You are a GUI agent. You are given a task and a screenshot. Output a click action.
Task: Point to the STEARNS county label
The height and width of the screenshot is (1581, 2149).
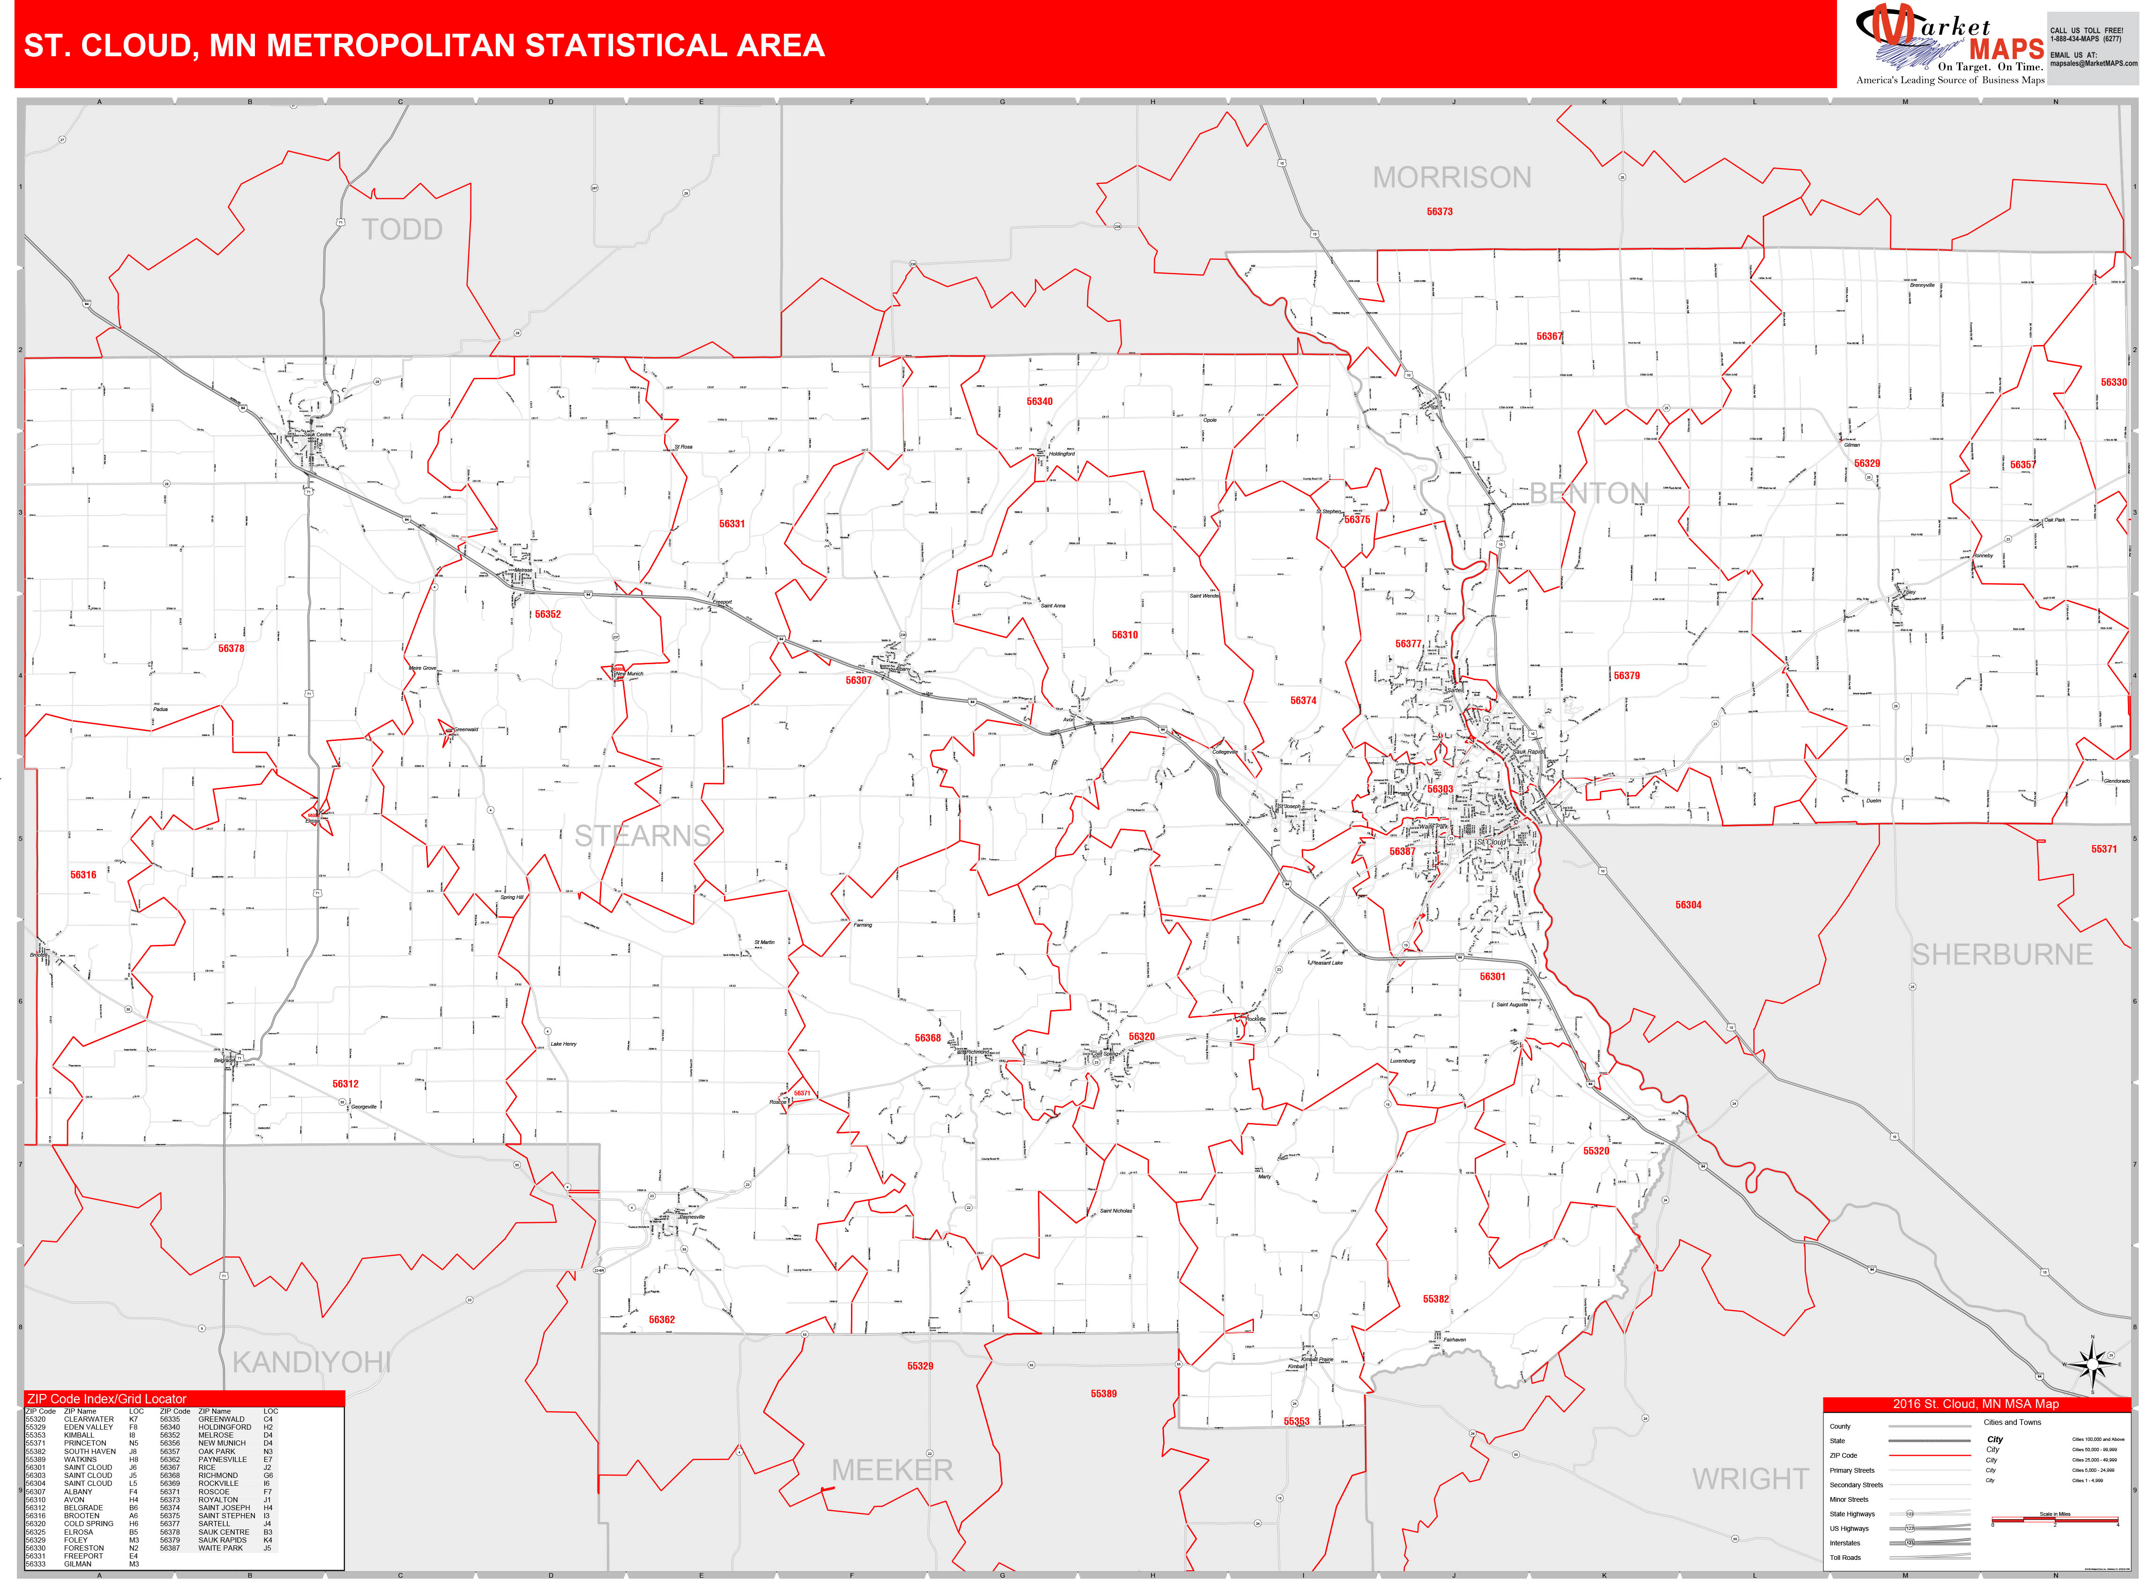point(642,835)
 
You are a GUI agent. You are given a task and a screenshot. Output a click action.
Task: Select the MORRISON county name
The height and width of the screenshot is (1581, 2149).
point(1451,178)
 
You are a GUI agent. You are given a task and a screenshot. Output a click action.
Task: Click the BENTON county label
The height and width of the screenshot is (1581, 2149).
point(1588,494)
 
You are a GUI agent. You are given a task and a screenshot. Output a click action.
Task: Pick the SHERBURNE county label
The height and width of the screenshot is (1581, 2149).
point(2002,954)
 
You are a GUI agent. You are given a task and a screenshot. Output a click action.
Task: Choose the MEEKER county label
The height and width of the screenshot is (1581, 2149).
point(892,1470)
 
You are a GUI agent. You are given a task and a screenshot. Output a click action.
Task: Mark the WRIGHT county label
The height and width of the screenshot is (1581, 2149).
point(1750,1479)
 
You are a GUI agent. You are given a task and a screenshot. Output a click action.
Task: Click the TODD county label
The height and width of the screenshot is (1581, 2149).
point(402,230)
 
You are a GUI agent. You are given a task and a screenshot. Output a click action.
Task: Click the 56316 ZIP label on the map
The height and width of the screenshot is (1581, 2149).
point(83,875)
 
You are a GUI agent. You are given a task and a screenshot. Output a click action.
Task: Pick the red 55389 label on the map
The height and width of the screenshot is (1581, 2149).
point(1103,1394)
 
